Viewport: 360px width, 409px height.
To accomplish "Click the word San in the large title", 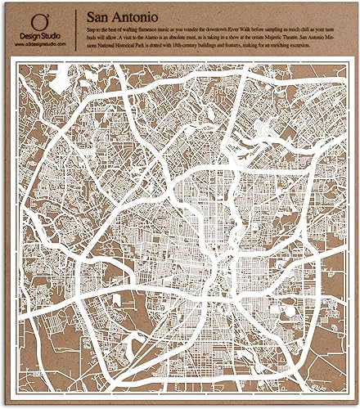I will click(x=97, y=16).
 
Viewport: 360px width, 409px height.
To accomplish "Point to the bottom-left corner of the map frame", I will click(x=13, y=393).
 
